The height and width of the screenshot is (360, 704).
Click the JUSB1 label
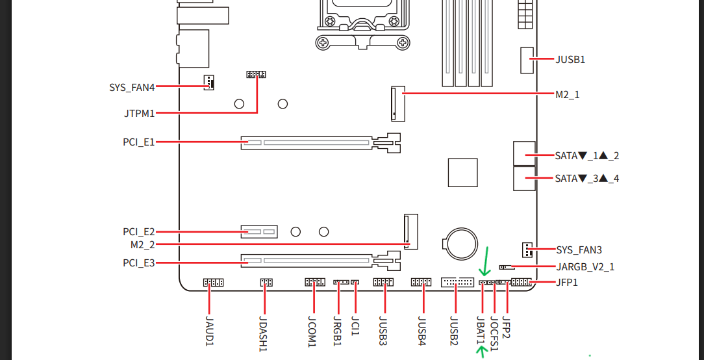pos(570,59)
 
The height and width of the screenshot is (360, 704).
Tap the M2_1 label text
pos(568,95)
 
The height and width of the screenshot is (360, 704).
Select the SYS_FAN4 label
pos(132,87)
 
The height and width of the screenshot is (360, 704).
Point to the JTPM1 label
pos(140,113)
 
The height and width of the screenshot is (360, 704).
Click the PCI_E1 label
pos(139,142)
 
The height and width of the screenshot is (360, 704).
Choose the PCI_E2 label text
pos(139,233)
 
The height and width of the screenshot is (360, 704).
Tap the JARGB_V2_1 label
pos(585,267)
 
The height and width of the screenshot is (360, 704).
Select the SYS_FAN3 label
pos(579,250)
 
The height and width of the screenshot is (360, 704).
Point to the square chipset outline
pos(462,172)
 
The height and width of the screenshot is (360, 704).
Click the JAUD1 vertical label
pos(209,331)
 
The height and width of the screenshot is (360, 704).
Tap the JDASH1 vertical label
pos(264,333)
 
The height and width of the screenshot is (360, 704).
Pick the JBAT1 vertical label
pos(481,330)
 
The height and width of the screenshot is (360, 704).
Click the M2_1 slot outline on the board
pos(398,103)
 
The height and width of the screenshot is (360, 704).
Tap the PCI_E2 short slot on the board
pos(259,232)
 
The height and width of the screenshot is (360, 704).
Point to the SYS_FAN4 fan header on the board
pos(208,83)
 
